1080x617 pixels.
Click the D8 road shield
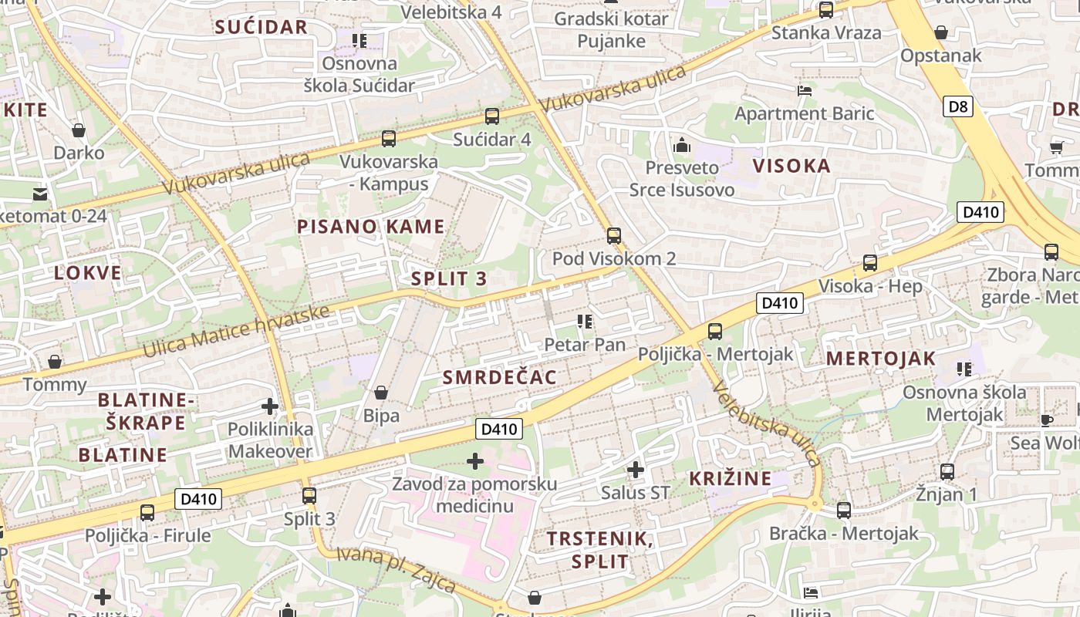pos(958,106)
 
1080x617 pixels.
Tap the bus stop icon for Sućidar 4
pos(492,116)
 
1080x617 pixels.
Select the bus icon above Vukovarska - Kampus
pos(389,139)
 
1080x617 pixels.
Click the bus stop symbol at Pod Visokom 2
pos(614,236)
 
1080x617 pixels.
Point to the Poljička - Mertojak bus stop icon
pos(715,332)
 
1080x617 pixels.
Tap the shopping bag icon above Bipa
pos(381,393)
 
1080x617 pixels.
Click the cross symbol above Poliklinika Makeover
pos(270,406)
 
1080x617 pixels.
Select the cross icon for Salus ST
pos(636,469)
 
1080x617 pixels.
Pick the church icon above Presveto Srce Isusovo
pos(682,144)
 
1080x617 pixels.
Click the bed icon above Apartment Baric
pos(805,90)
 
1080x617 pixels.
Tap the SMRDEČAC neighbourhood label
pos(500,377)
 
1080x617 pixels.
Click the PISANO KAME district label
pos(371,227)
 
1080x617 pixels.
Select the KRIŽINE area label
pos(731,478)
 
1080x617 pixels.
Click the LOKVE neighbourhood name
pos(88,272)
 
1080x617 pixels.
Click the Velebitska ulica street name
pos(767,424)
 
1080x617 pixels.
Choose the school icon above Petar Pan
pos(584,321)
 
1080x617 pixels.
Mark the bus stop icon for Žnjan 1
pos(947,471)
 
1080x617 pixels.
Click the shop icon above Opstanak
pos(941,32)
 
